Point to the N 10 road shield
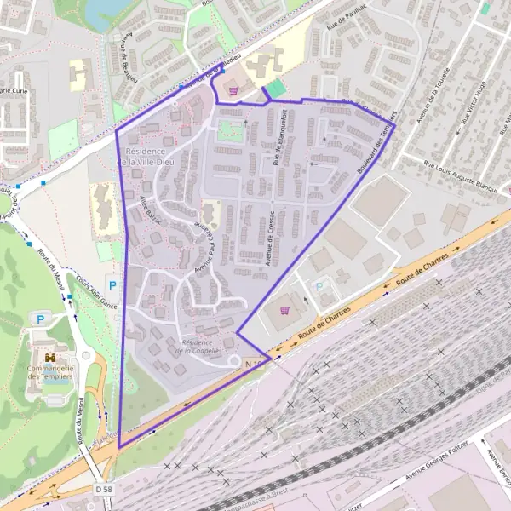point(253,364)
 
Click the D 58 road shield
point(104,489)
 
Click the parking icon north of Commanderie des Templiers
point(40,319)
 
